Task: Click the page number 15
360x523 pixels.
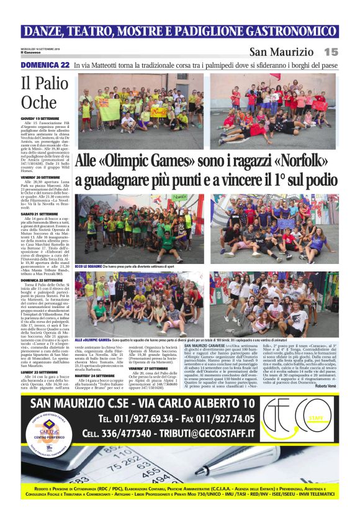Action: coord(330,52)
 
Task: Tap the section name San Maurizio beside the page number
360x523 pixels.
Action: coord(281,52)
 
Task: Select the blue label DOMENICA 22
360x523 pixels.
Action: coord(45,65)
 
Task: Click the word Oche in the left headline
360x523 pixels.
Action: coord(38,102)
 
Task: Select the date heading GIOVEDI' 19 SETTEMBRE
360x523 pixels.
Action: coord(40,118)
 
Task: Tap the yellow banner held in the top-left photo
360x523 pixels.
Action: coord(110,109)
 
